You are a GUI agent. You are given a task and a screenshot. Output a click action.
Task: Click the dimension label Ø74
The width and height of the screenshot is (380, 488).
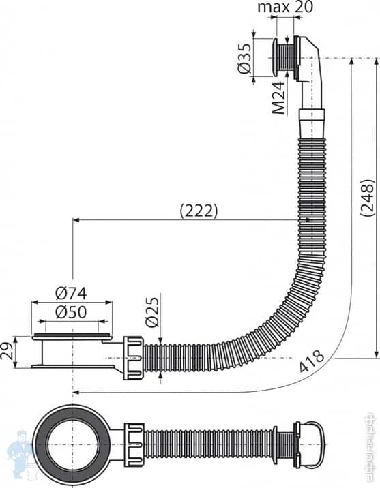point(72,293)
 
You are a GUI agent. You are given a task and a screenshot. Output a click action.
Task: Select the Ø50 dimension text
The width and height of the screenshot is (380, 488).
point(72,311)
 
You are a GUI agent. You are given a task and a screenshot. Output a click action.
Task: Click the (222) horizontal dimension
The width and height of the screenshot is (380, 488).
point(199,211)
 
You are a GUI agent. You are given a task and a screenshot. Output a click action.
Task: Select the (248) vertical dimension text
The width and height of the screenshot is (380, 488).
point(368,198)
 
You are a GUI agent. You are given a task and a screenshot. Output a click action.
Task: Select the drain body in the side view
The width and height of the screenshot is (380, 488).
point(72,351)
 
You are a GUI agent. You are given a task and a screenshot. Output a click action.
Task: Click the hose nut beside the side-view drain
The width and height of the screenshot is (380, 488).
point(134,355)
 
